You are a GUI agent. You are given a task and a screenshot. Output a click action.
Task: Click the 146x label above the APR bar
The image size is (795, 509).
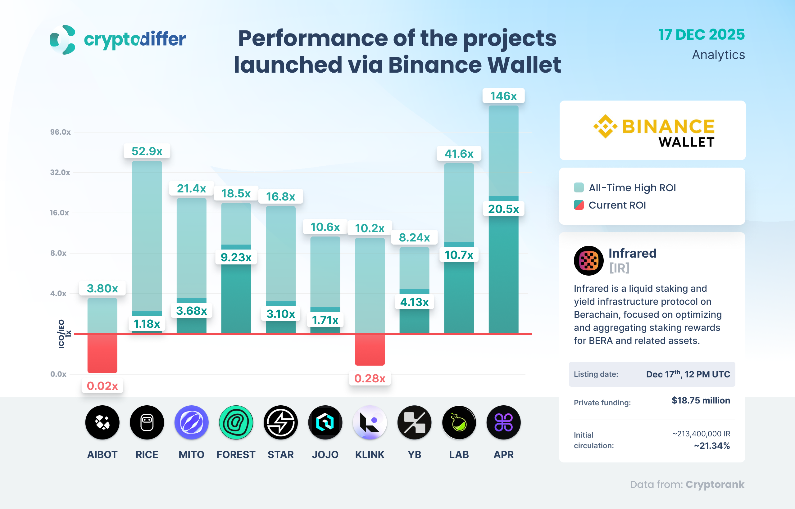pyautogui.click(x=503, y=96)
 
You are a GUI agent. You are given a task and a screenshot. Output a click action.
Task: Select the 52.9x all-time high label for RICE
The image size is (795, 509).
pyautogui.click(x=147, y=151)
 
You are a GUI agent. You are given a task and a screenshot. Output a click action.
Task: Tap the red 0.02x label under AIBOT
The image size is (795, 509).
pyautogui.click(x=102, y=386)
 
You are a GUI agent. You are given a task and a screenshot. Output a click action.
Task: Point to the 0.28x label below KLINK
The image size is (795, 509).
pyautogui.click(x=370, y=378)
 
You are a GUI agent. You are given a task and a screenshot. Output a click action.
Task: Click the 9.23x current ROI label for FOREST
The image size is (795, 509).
pyautogui.click(x=236, y=257)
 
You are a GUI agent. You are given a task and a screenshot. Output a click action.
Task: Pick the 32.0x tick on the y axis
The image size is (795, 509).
pyautogui.click(x=60, y=172)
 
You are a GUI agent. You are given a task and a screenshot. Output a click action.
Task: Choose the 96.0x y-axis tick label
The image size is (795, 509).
pyautogui.click(x=60, y=132)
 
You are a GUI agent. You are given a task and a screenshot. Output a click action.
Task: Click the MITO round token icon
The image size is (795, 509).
pyautogui.click(x=192, y=422)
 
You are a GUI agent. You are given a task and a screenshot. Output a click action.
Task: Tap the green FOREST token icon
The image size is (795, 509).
pyautogui.click(x=236, y=422)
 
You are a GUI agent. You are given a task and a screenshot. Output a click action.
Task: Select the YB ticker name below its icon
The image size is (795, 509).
pyautogui.click(x=414, y=454)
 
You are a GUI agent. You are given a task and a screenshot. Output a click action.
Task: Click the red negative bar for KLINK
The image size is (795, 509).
pyautogui.click(x=370, y=350)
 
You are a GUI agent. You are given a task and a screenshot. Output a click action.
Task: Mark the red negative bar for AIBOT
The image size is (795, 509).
pyautogui.click(x=102, y=353)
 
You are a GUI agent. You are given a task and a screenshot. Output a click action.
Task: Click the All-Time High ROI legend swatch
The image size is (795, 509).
pyautogui.click(x=579, y=187)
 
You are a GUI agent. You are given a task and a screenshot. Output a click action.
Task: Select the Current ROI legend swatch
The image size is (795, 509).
pyautogui.click(x=579, y=205)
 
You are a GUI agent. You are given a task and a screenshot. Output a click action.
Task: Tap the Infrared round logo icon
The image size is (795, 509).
pyautogui.click(x=589, y=260)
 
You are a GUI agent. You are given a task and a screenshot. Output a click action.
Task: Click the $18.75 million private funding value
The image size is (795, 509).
pyautogui.click(x=701, y=400)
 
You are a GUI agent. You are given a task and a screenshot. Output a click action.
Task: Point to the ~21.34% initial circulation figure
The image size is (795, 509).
pyautogui.click(x=712, y=446)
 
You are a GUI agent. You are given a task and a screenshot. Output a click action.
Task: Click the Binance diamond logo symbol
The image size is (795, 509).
pyautogui.click(x=605, y=126)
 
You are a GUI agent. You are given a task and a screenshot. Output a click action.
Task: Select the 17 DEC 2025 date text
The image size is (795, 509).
pyautogui.click(x=702, y=34)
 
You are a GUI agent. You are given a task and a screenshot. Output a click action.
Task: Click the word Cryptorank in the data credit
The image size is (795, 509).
pyautogui.click(x=715, y=484)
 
